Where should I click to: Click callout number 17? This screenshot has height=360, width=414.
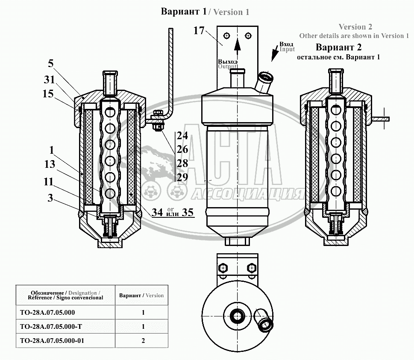(199, 31)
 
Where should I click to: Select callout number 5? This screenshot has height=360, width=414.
(51, 64)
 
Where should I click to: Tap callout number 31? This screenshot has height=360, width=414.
(50, 79)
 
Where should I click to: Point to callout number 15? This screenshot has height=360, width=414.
(48, 94)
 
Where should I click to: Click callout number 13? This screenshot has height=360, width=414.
(50, 164)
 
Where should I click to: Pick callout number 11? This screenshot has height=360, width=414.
(49, 181)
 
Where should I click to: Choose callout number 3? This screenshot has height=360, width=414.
(50, 198)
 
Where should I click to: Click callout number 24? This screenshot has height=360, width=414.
(182, 136)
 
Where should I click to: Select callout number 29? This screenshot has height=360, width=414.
(182, 177)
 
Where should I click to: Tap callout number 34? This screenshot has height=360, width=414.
(157, 212)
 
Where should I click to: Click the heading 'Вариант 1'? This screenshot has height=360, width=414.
(183, 12)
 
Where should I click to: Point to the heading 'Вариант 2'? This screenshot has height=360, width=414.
(338, 47)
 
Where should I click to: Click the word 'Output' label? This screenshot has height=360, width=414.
(227, 67)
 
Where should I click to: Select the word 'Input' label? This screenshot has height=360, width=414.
(287, 50)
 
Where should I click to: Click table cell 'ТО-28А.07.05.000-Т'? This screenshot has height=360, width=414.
(51, 327)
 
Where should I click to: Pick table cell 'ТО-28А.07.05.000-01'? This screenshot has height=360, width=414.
(52, 340)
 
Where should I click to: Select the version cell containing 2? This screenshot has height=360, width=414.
(143, 340)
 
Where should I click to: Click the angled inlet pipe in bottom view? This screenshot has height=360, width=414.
(264, 320)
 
